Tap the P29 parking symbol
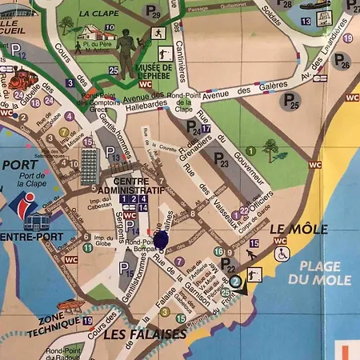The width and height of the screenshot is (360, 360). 154,12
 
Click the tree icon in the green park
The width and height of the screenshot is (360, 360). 271,149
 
